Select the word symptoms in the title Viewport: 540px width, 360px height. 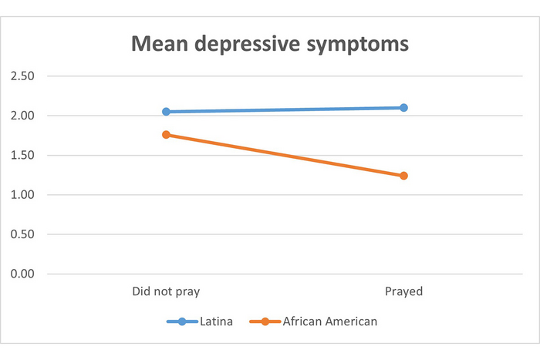tap(359, 45)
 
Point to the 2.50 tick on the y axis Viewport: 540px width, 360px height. tap(22, 76)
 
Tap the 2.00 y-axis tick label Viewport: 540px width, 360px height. tap(22, 116)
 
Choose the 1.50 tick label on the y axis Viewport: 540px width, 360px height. tap(22, 155)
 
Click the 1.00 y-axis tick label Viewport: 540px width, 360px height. tap(22, 195)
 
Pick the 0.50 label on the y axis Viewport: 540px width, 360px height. tap(22, 234)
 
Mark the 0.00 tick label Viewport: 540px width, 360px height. tap(22, 274)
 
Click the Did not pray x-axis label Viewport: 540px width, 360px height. tap(166, 292)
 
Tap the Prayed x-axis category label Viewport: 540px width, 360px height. tap(403, 292)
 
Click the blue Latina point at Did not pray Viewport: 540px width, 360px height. tap(166, 112)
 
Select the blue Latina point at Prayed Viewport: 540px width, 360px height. tap(403, 108)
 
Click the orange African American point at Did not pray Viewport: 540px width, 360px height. tap(166, 135)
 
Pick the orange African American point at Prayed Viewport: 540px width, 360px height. tap(403, 176)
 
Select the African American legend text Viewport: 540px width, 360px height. tap(330, 321)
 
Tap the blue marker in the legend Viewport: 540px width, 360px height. tap(182, 321)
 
